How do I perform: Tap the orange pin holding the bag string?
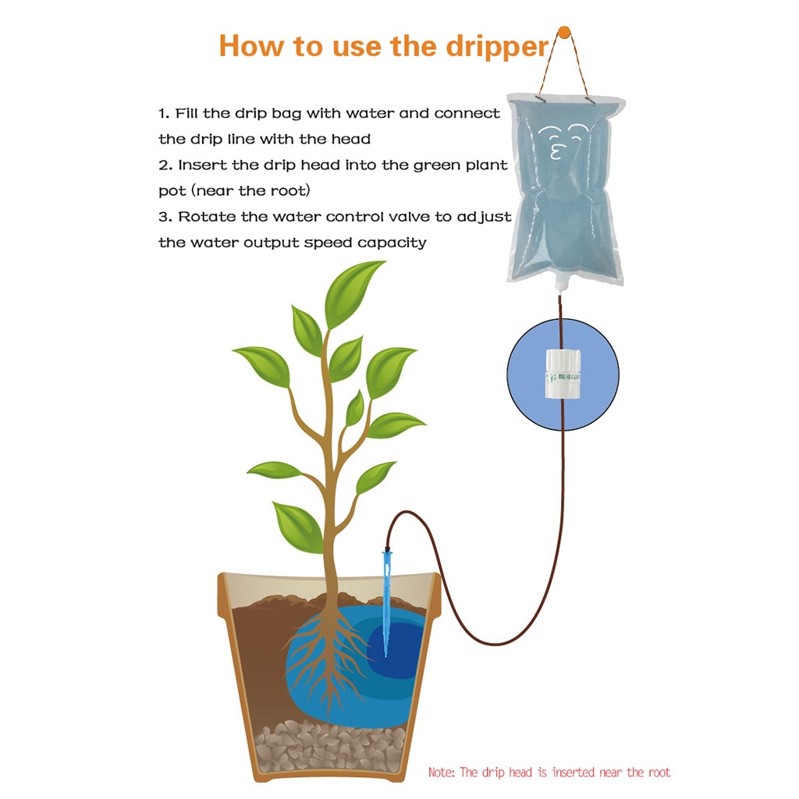click(x=563, y=33)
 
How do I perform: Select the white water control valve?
click(x=563, y=375)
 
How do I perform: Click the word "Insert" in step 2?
click(x=202, y=165)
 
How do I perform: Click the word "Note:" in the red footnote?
click(x=441, y=772)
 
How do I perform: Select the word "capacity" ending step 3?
click(x=392, y=243)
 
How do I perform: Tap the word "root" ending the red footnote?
click(x=658, y=772)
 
